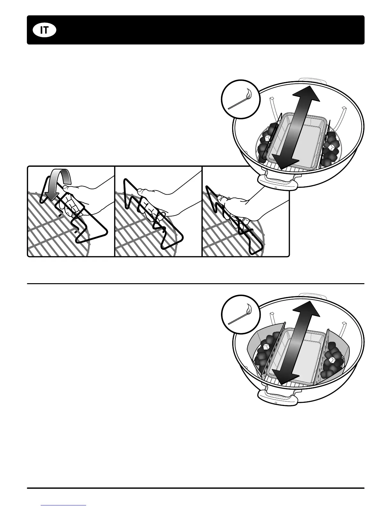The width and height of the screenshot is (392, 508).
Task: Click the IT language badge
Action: (x=45, y=30)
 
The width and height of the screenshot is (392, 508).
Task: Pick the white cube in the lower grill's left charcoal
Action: (x=265, y=347)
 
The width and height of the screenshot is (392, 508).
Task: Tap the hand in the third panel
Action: (x=243, y=208)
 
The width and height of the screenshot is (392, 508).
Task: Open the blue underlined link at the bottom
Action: (x=64, y=505)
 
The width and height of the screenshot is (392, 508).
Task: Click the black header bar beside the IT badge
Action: (x=208, y=30)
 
